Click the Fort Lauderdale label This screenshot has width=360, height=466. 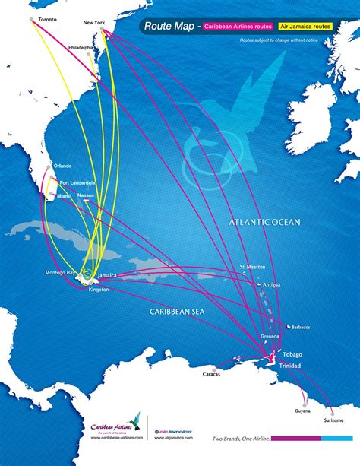(x=77, y=182)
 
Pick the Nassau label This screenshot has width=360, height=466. (x=86, y=195)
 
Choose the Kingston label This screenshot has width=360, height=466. (x=99, y=290)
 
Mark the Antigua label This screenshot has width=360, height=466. (x=272, y=284)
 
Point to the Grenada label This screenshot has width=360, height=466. (x=270, y=335)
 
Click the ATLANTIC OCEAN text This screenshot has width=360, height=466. (x=266, y=222)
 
